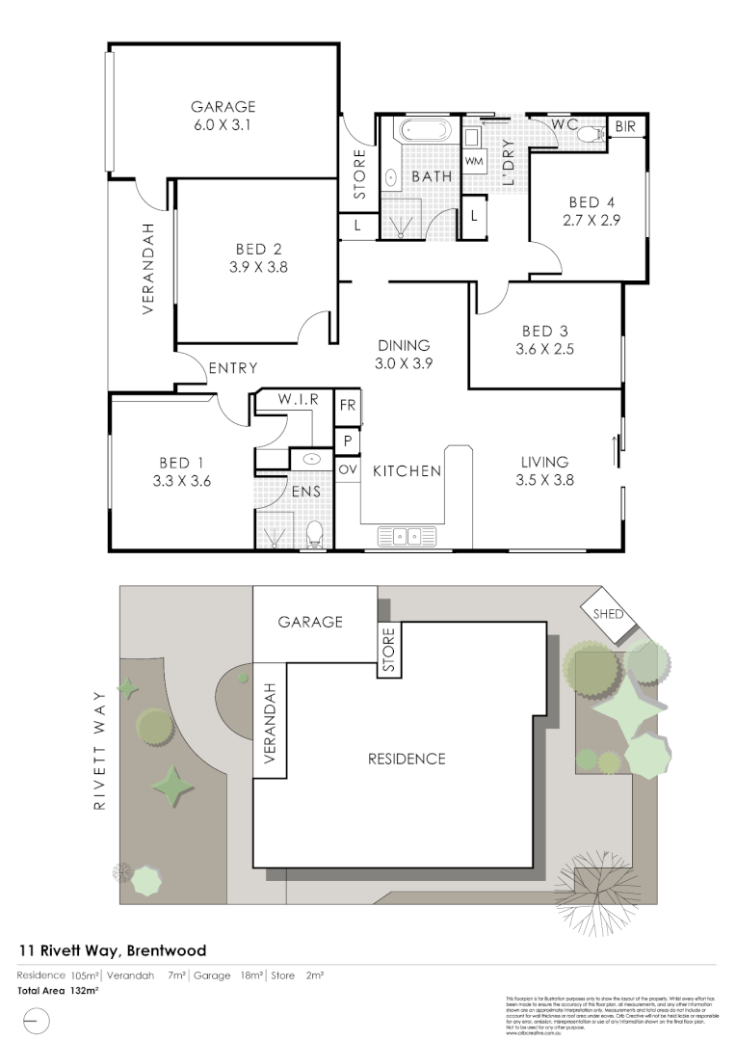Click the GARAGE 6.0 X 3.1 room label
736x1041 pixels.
pos(223,116)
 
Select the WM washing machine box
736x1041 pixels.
pos(474,161)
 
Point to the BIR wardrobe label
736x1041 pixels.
pos(624,126)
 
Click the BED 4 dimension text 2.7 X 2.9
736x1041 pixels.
pos(591,219)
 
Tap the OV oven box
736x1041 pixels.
pos(347,468)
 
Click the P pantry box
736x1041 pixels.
pos(347,440)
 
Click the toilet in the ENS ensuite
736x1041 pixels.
pos(313,533)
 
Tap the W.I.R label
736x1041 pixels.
pos(293,398)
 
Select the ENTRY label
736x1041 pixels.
pos(232,367)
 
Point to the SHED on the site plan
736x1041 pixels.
pos(609,614)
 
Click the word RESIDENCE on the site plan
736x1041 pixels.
pos(407,759)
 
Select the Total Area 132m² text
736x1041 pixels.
pos(59,990)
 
